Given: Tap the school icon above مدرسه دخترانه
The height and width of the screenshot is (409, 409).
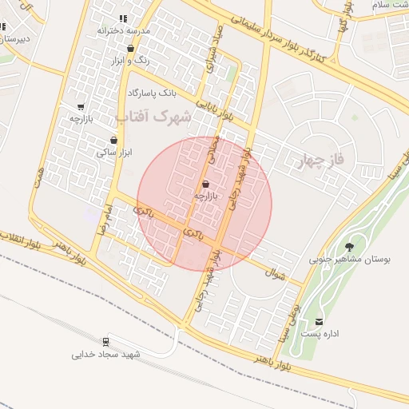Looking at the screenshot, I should tap(123, 18).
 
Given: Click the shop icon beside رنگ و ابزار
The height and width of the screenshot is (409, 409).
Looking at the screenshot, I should tap(131, 49).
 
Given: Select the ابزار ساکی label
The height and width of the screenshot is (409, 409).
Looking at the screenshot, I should tap(114, 152).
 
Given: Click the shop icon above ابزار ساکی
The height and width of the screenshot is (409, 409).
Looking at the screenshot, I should tap(113, 140).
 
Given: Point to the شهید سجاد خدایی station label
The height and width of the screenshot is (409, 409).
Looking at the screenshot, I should tap(106, 354).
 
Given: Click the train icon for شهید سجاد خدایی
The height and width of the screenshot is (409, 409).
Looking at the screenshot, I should tap(106, 341).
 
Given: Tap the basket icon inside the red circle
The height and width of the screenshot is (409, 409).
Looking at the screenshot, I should tap(205, 184).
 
